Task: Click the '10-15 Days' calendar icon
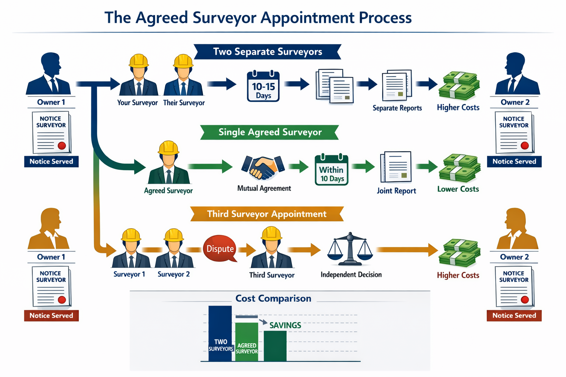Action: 263,87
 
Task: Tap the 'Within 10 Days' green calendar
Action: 331,170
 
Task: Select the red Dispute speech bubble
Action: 220,249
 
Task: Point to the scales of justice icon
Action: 350,249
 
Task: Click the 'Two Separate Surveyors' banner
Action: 268,52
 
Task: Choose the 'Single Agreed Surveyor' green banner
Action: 270,132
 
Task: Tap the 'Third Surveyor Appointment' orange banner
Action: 267,214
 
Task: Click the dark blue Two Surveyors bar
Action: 220,333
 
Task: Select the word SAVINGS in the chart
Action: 285,325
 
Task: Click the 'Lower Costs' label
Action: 458,189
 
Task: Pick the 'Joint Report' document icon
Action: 396,167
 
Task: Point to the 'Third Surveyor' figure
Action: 272,249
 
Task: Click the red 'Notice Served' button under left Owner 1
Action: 51,316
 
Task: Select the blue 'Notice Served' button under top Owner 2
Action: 514,162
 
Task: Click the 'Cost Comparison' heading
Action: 273,299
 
